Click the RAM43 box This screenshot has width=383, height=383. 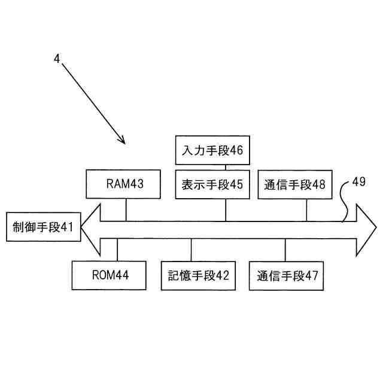point(124,184)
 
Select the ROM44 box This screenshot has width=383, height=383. point(110,275)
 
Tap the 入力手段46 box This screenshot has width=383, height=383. point(212,150)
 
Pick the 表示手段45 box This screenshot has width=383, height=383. point(212,184)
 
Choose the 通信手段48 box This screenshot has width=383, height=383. point(294,184)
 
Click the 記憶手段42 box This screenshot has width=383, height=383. point(198,275)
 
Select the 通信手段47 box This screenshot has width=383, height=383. point(287,275)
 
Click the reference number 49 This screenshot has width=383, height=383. point(358,182)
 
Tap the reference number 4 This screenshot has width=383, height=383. point(56,59)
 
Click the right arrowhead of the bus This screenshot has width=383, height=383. point(366,228)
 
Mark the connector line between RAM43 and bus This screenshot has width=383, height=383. point(126,209)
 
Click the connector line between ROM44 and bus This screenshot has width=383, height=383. point(118,249)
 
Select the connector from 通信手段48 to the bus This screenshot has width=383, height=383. point(307,209)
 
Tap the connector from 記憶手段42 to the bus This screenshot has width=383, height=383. point(191,249)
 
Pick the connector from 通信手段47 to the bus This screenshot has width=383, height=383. point(285,249)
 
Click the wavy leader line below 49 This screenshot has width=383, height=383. point(344,203)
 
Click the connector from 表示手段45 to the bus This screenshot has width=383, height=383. point(226,209)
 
